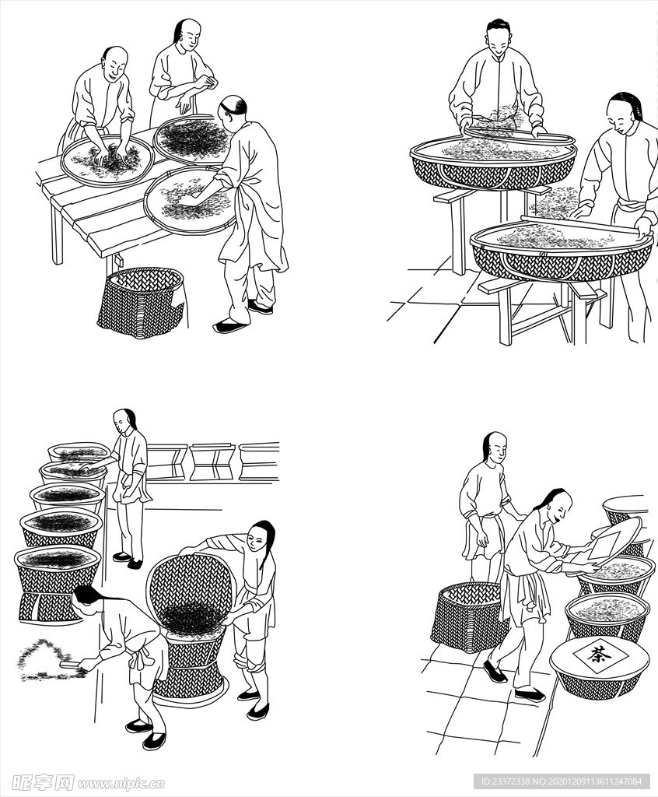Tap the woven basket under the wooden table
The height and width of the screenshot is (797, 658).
click(142, 302)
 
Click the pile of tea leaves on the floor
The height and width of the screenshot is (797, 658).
click(49, 660)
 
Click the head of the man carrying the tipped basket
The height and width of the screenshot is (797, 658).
click(261, 536)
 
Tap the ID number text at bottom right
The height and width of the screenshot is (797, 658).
click(562, 781)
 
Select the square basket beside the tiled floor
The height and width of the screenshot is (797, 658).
click(469, 617)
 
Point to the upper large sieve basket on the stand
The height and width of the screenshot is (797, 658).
click(493, 162)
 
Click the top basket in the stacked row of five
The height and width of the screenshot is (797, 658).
click(79, 452)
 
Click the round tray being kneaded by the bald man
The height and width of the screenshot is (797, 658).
click(107, 160)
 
